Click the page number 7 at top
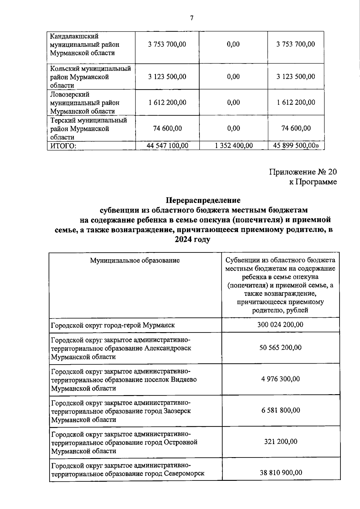pyautogui.click(x=192, y=18)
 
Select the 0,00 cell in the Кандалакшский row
pyautogui.click(x=233, y=44)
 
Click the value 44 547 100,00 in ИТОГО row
pyautogui.click(x=167, y=146)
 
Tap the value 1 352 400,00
pyautogui.click(x=234, y=146)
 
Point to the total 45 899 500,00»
pyautogui.click(x=296, y=146)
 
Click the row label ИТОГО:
pyautogui.click(x=63, y=146)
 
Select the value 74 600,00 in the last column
pyautogui.click(x=296, y=128)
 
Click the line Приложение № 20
pyautogui.click(x=303, y=172)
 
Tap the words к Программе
pyautogui.click(x=313, y=182)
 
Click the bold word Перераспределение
pyautogui.click(x=203, y=200)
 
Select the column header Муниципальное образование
pyautogui.click(x=135, y=260)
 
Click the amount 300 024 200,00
pyautogui.click(x=280, y=325)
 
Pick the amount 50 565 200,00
pyautogui.click(x=280, y=348)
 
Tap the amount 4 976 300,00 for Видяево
pyautogui.click(x=280, y=379)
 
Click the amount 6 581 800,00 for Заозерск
pyautogui.click(x=280, y=410)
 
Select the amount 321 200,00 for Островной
pyautogui.click(x=280, y=442)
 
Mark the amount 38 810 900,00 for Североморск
pyautogui.click(x=280, y=473)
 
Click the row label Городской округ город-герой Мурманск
pyautogui.click(x=113, y=325)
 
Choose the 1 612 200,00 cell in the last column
pyautogui.click(x=296, y=103)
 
